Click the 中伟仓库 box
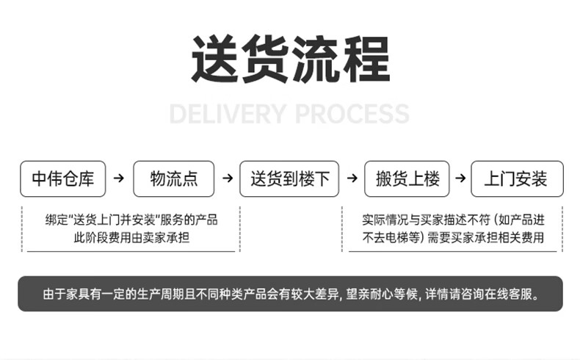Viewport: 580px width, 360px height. click(x=63, y=179)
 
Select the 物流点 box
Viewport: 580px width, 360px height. click(x=173, y=179)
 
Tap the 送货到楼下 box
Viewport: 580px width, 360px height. click(x=289, y=179)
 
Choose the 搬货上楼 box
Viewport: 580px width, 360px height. click(x=407, y=179)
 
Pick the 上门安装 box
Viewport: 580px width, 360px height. click(x=517, y=179)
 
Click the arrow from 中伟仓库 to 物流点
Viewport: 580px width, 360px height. click(x=119, y=178)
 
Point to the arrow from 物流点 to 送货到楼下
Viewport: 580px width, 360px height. click(x=228, y=178)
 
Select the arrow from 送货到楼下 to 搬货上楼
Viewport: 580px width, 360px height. click(x=352, y=178)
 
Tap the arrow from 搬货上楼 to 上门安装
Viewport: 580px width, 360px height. click(x=460, y=178)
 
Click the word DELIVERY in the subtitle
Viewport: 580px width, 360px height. click(x=228, y=114)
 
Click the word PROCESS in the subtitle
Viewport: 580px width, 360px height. click(x=352, y=114)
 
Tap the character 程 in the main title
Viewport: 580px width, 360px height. click(x=366, y=59)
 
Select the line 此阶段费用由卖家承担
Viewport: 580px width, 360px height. click(x=131, y=237)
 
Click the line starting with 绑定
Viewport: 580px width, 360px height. click(x=131, y=220)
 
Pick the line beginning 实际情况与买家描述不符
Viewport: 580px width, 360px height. click(x=453, y=220)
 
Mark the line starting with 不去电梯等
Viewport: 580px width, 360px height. click(x=453, y=237)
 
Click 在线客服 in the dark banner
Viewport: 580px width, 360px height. click(x=508, y=294)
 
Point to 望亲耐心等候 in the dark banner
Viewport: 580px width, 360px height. click(x=381, y=294)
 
